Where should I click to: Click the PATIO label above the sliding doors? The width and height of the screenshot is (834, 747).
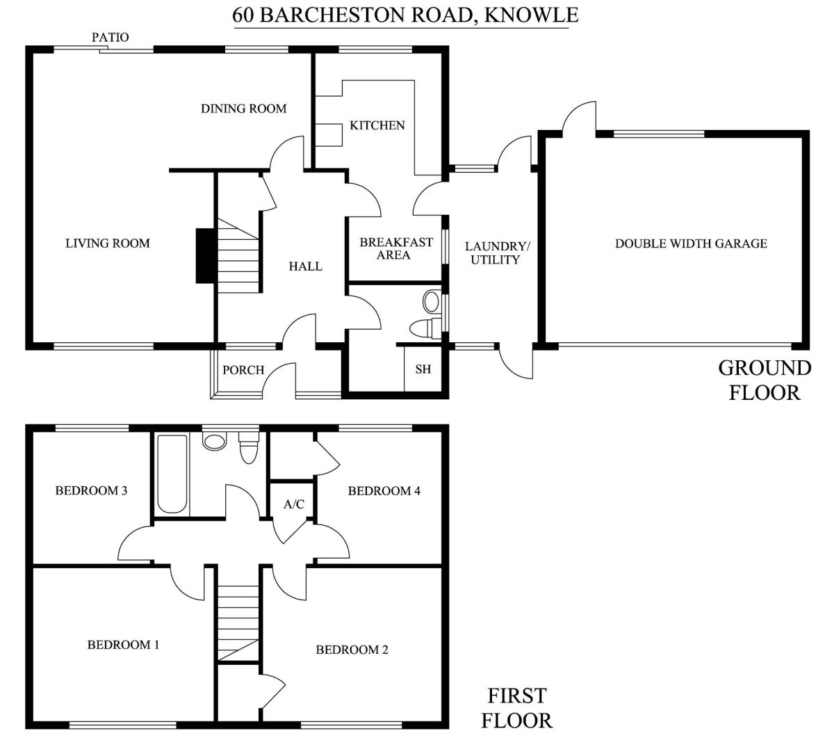(x=110, y=38)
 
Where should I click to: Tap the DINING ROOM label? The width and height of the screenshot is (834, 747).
(x=244, y=109)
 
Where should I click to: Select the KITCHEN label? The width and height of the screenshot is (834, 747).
(x=377, y=125)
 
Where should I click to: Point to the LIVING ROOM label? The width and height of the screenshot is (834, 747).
(x=108, y=243)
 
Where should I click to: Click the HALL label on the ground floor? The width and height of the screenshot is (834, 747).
(x=305, y=266)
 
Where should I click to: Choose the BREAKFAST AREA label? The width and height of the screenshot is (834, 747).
(x=396, y=248)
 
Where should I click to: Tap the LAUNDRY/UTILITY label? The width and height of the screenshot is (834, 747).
(x=497, y=253)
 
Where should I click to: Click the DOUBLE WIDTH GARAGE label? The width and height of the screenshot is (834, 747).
(x=691, y=243)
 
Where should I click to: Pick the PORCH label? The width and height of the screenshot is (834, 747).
(x=243, y=370)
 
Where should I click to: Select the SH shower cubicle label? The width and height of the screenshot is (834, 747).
(x=423, y=369)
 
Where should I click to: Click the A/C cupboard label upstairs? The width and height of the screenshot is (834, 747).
(x=294, y=504)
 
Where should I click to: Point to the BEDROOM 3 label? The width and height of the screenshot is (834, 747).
(x=91, y=491)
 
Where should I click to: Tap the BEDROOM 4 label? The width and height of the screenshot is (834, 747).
(x=384, y=491)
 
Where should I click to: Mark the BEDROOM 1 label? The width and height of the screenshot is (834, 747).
(x=123, y=644)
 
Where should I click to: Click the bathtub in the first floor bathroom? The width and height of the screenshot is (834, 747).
(x=172, y=474)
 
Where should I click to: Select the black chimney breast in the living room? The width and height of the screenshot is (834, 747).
(x=205, y=256)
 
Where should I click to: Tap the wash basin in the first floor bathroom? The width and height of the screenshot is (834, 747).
(x=214, y=440)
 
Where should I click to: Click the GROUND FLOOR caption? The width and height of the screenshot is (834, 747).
(x=764, y=380)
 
